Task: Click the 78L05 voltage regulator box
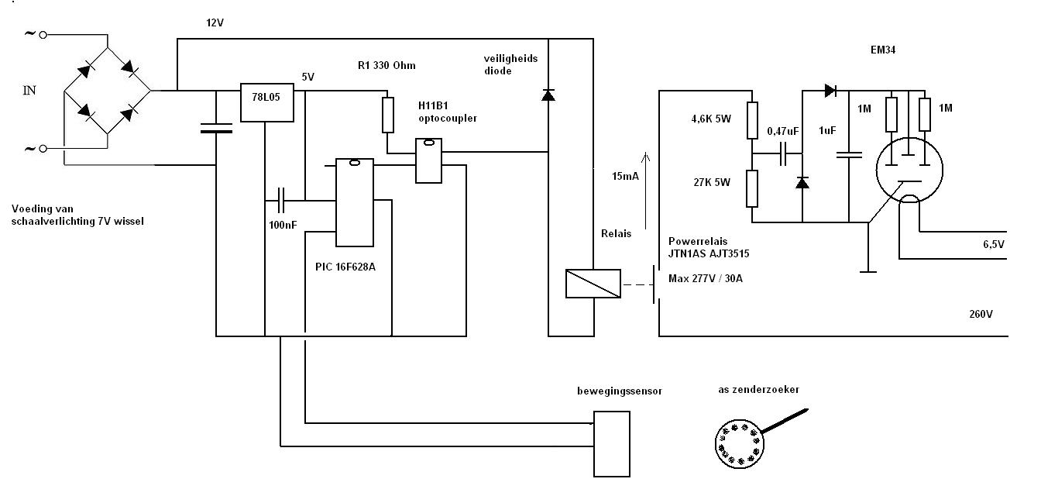[267, 102]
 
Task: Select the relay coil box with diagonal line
[593, 283]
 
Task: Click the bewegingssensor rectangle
[612, 443]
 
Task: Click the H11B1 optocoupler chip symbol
[428, 160]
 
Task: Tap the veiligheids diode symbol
[548, 95]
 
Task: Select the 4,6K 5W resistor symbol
[751, 120]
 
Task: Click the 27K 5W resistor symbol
[751, 189]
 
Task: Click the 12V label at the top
[215, 22]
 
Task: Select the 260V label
[981, 315]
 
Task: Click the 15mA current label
[624, 177]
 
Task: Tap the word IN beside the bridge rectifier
[29, 91]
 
